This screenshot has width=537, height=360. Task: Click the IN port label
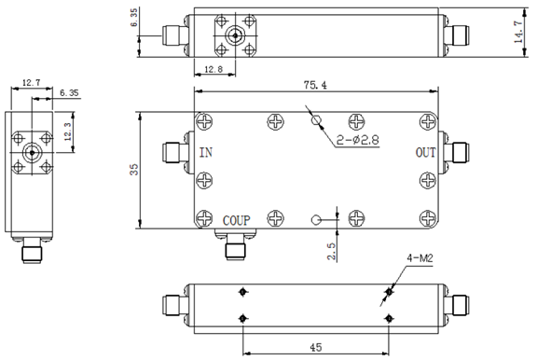pyautogui.click(x=206, y=152)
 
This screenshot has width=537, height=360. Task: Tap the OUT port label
pyautogui.click(x=425, y=152)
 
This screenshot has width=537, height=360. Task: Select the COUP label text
pyautogui.click(x=236, y=221)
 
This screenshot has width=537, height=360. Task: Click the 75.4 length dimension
pyautogui.click(x=315, y=85)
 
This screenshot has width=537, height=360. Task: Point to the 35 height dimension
pyautogui.click(x=134, y=170)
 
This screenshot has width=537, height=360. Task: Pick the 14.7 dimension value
pyautogui.click(x=518, y=33)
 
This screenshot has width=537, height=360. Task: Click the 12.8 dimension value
pyautogui.click(x=213, y=70)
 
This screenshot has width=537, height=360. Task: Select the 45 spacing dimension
pyautogui.click(x=316, y=347)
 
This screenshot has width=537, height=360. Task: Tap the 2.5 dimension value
pyautogui.click(x=332, y=252)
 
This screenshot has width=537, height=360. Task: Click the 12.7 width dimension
pyautogui.click(x=31, y=83)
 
